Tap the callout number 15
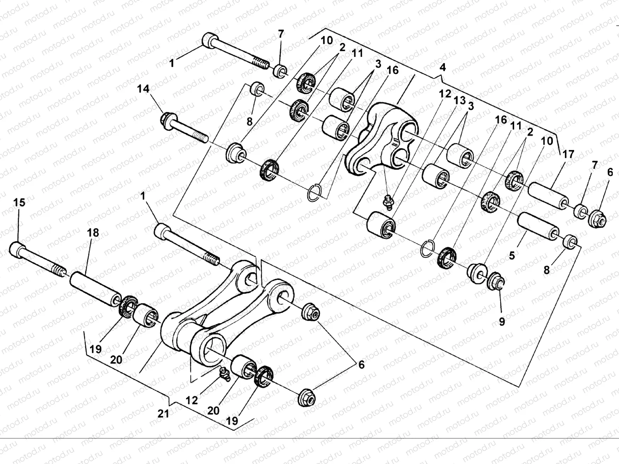[x=19, y=203]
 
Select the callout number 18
[x=93, y=233]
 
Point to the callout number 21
[x=163, y=414]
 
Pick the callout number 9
[x=502, y=322]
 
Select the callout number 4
[x=443, y=67]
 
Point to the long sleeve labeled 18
[x=95, y=288]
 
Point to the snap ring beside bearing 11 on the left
[x=315, y=194]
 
